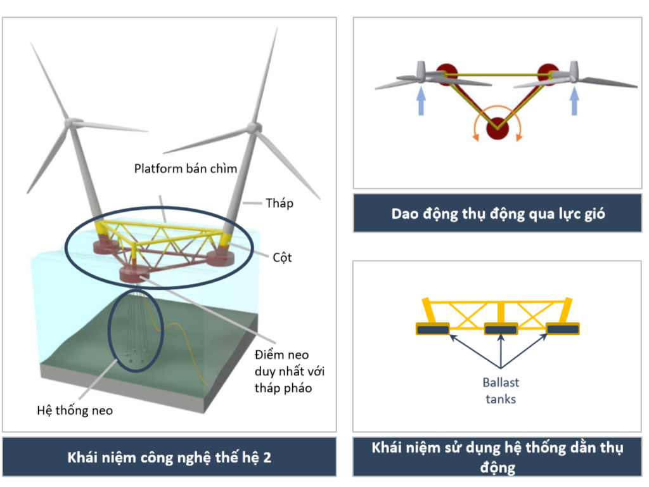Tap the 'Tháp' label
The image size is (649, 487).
(x=280, y=203)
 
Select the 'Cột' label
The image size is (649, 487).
(x=282, y=258)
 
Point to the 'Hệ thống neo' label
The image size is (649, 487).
(x=74, y=410)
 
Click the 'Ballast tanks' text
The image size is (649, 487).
(x=501, y=391)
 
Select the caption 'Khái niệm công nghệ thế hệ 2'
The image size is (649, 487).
(x=169, y=457)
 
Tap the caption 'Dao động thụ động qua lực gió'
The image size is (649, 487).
(x=498, y=214)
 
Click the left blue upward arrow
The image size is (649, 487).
(x=420, y=101)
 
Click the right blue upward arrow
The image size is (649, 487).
(x=575, y=101)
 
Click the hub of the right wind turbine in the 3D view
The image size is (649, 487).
(x=254, y=127)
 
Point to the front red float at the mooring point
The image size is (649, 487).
(x=137, y=275)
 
